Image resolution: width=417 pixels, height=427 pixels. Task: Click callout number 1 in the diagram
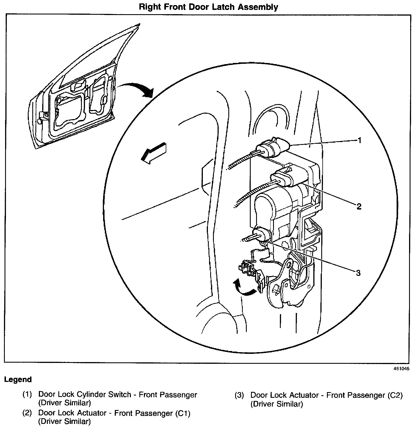(x=359, y=140)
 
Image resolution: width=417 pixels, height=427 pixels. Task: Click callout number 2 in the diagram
(x=359, y=206)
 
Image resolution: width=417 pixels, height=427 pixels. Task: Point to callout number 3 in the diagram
(x=358, y=273)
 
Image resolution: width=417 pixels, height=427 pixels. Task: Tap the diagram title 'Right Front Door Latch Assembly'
(x=208, y=7)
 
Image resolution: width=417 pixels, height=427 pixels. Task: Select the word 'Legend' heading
(x=18, y=379)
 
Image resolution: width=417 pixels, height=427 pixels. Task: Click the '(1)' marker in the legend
(x=27, y=395)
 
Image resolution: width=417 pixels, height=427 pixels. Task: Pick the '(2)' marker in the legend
(x=27, y=413)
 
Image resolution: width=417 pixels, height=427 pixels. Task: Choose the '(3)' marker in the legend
(x=239, y=395)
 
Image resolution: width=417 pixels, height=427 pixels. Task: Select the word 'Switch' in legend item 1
(x=122, y=395)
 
